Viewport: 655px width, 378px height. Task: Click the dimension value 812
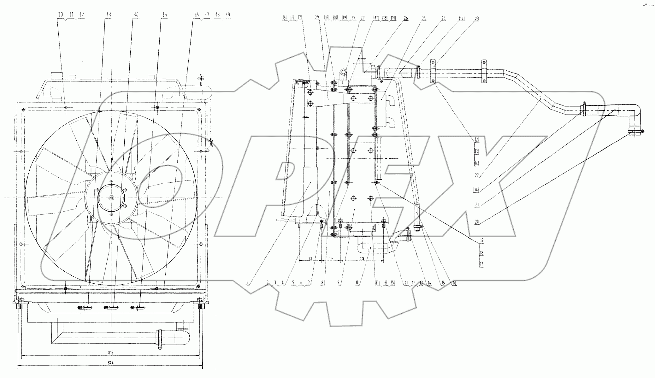click(110, 352)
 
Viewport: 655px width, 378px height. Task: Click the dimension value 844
click(110, 363)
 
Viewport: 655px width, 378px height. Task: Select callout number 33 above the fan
click(109, 15)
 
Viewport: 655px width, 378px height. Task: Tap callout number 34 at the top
click(136, 15)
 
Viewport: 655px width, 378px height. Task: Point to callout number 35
click(164, 15)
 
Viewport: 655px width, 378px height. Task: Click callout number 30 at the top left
click(61, 15)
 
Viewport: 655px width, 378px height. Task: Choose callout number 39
click(228, 15)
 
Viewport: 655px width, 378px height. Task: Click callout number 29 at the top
click(317, 18)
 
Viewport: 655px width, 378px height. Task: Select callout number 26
click(406, 18)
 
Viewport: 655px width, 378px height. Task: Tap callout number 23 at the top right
click(476, 19)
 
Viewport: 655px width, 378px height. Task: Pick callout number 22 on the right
click(477, 175)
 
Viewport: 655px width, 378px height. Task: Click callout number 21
click(477, 205)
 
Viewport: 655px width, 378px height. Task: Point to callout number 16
click(454, 283)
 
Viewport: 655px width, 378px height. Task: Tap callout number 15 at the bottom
click(443, 283)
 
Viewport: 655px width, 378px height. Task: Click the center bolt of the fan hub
click(111, 198)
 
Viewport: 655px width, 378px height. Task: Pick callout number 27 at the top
click(363, 18)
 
